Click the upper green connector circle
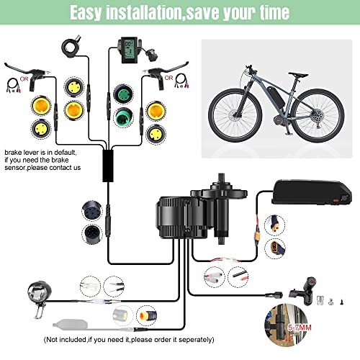(120, 94)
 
